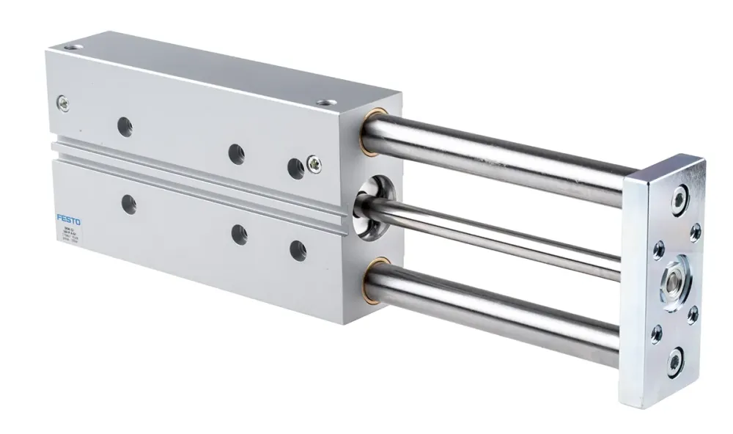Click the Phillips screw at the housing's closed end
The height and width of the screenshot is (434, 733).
64,105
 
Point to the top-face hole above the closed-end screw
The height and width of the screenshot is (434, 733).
71,49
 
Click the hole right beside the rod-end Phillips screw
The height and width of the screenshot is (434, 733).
295,168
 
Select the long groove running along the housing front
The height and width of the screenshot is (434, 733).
198,176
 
